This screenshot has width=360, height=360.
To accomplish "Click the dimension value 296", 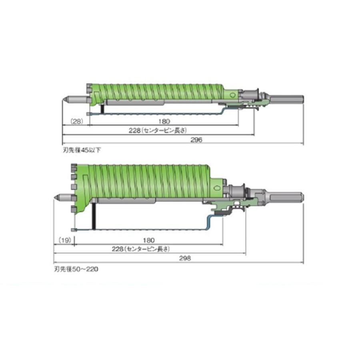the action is pos(196,140).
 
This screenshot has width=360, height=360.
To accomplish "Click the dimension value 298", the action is pos(185,258).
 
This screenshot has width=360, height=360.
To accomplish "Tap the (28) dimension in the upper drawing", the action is pos(76,121).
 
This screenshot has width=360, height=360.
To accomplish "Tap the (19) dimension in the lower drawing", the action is pos(65,240).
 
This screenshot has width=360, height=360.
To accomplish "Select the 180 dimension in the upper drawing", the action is pos(164,121).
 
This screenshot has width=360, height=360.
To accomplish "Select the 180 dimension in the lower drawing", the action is pos(148,240).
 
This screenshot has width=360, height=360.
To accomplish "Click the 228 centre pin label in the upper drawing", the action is pos(158,130).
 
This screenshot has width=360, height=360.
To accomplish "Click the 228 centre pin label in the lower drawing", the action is pos(141,249).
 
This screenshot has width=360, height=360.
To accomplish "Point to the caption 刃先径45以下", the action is pos(82,150).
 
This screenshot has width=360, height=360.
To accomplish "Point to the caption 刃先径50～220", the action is pos(76,269).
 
